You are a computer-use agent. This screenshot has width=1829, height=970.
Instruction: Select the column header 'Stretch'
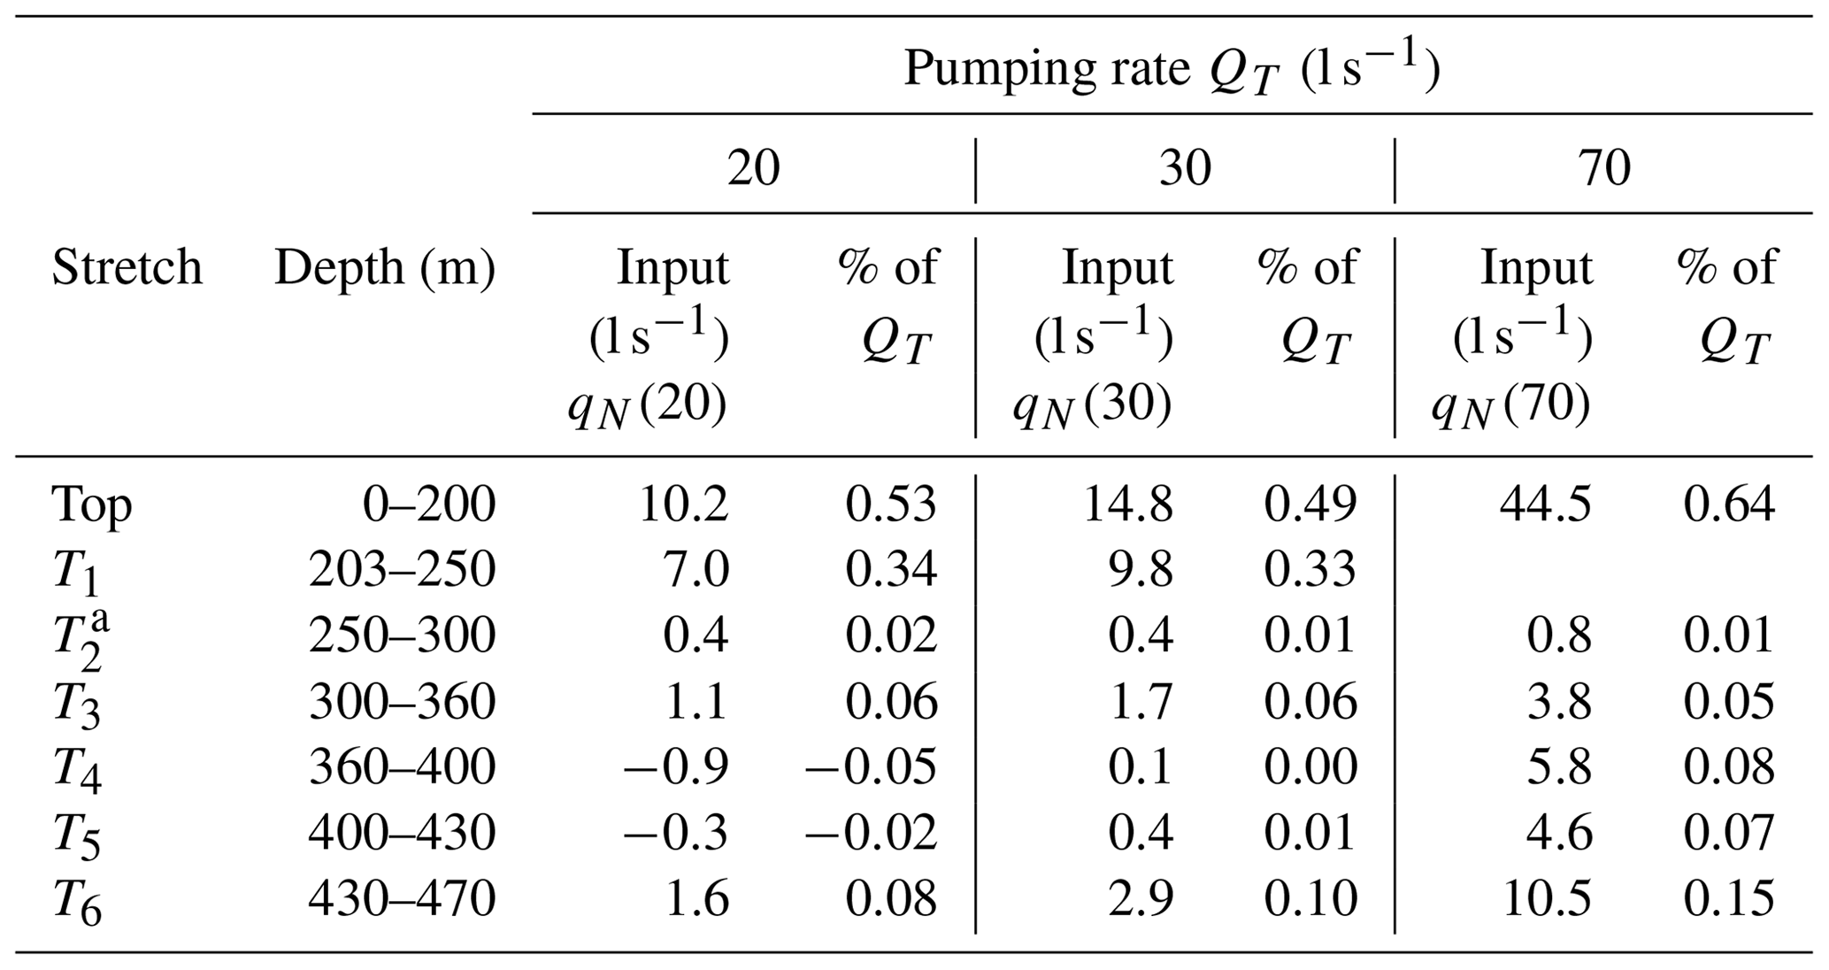127,267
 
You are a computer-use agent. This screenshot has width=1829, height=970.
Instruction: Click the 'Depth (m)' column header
384,267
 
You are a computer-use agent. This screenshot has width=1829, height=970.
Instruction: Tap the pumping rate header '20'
753,167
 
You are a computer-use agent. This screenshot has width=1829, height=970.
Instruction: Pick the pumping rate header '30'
1184,167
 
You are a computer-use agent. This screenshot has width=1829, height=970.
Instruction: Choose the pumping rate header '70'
1603,167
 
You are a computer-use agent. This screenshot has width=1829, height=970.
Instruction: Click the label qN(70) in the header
1510,406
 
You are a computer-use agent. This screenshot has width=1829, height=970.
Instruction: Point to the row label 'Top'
92,505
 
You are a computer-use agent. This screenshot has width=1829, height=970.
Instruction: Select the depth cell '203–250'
402,570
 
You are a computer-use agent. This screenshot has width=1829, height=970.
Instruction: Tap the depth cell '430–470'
402,900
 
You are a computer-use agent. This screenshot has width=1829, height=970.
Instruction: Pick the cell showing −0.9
676,767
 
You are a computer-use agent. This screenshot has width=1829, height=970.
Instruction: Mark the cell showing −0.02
871,833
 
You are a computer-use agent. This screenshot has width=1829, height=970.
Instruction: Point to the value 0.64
1728,504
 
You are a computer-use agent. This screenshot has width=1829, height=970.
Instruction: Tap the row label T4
76,769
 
